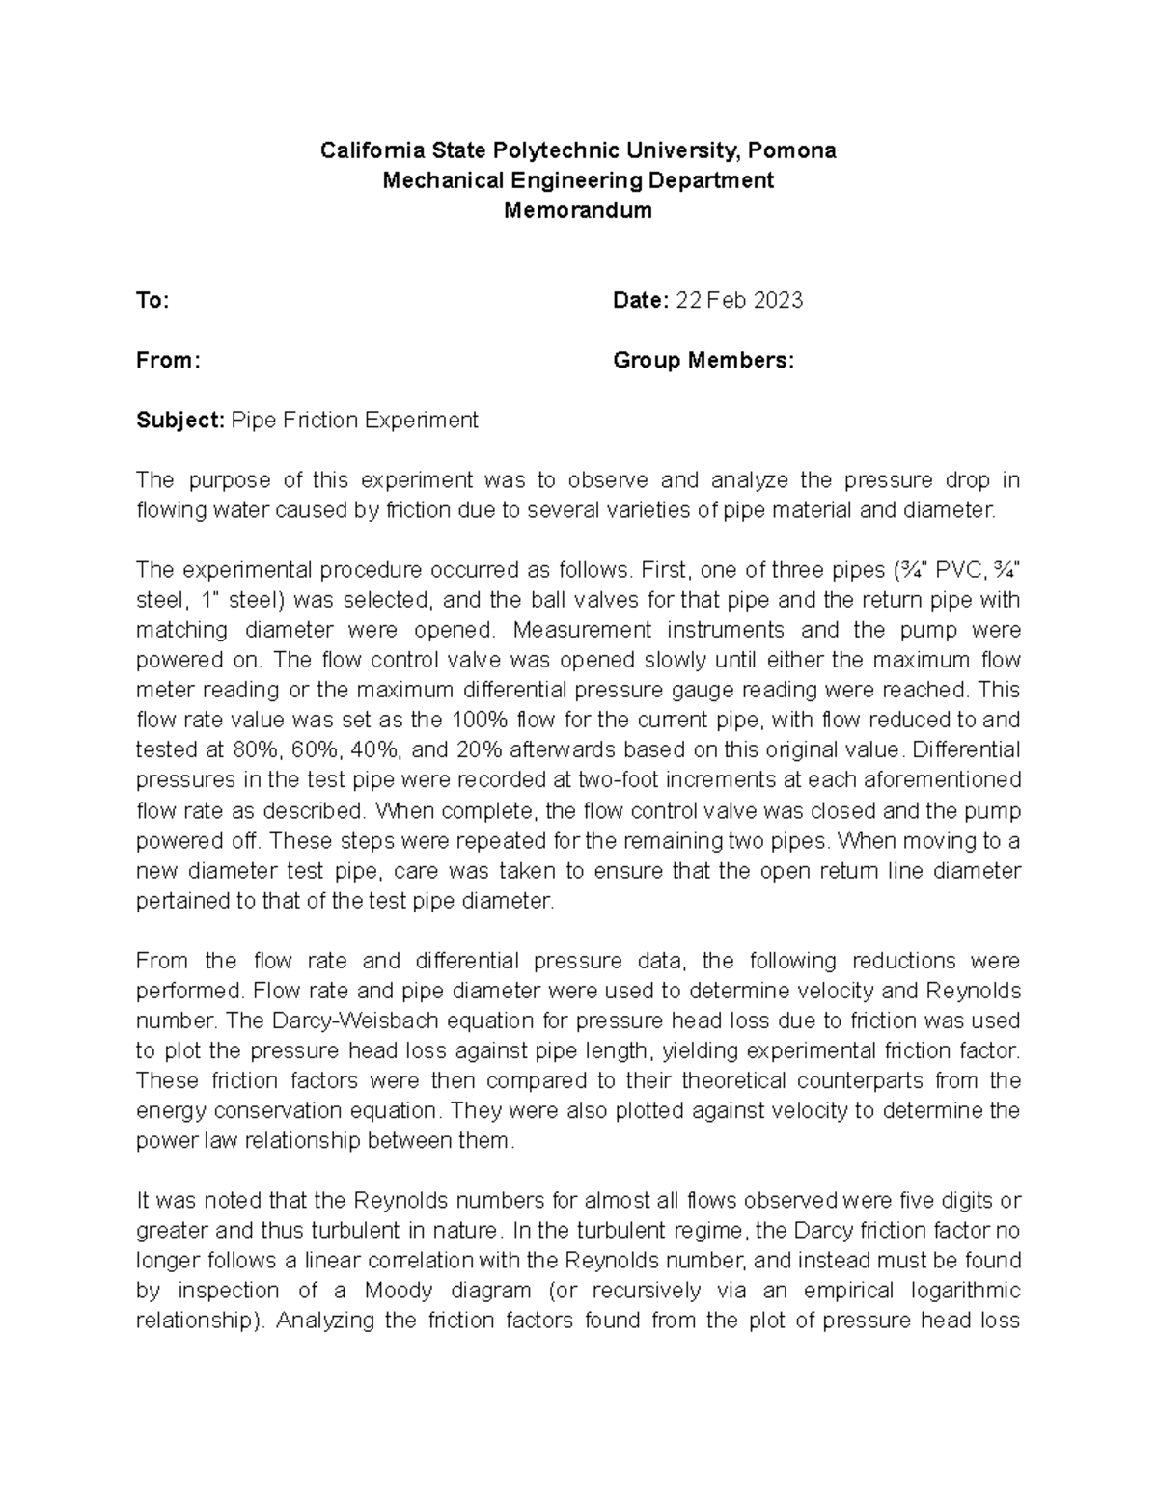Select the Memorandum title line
(578, 210)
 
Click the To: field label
(152, 301)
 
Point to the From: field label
(168, 361)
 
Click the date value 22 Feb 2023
(739, 301)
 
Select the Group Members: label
(703, 361)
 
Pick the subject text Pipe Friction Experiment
(355, 421)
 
